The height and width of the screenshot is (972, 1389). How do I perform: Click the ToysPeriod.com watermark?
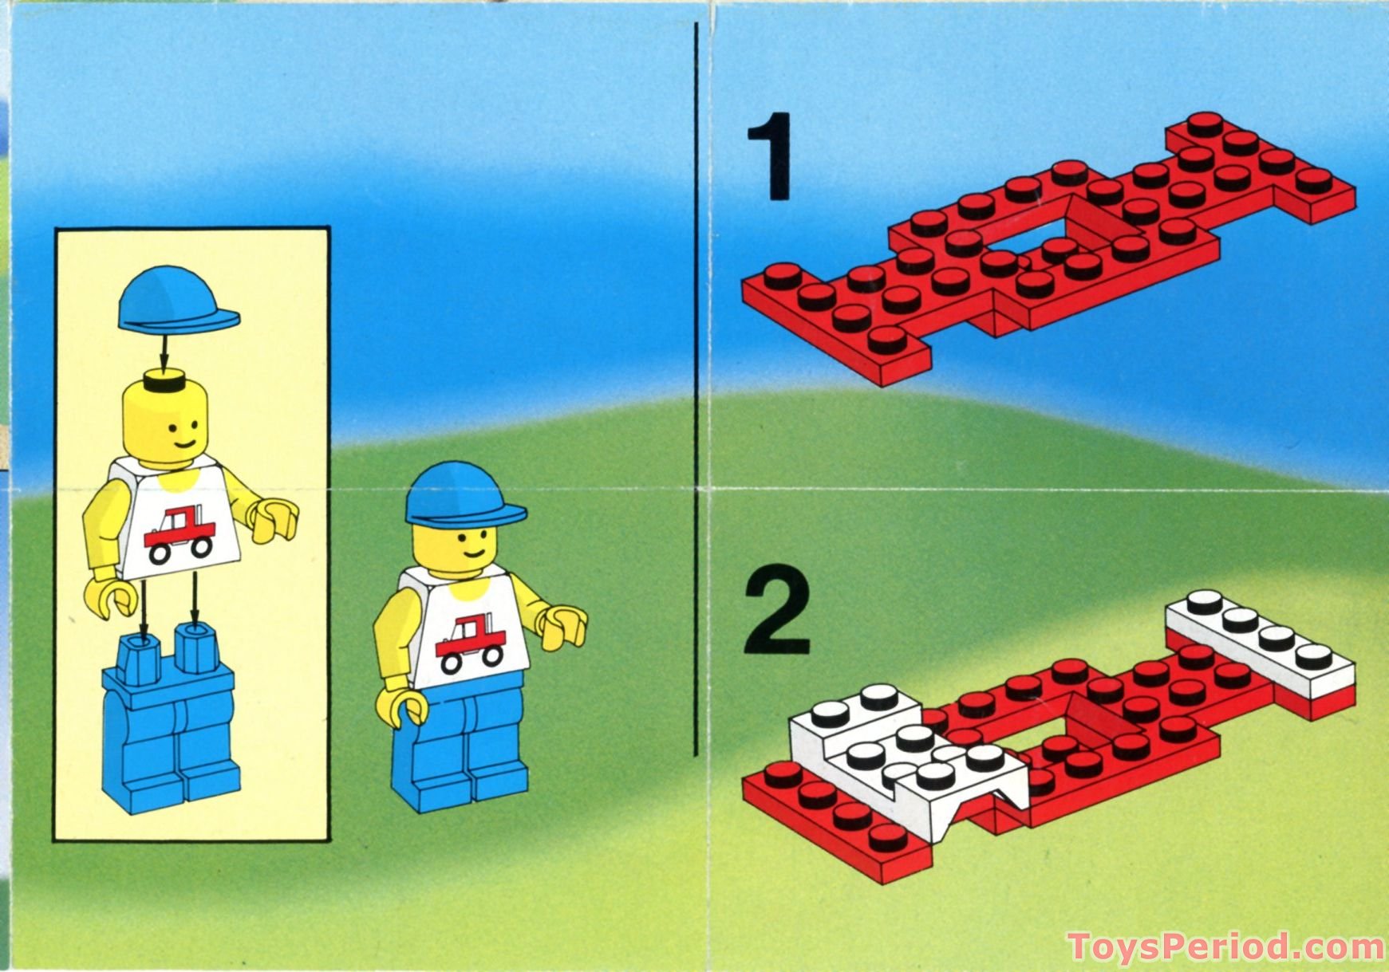click(1225, 947)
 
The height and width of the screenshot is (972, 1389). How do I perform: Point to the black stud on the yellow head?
click(162, 383)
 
